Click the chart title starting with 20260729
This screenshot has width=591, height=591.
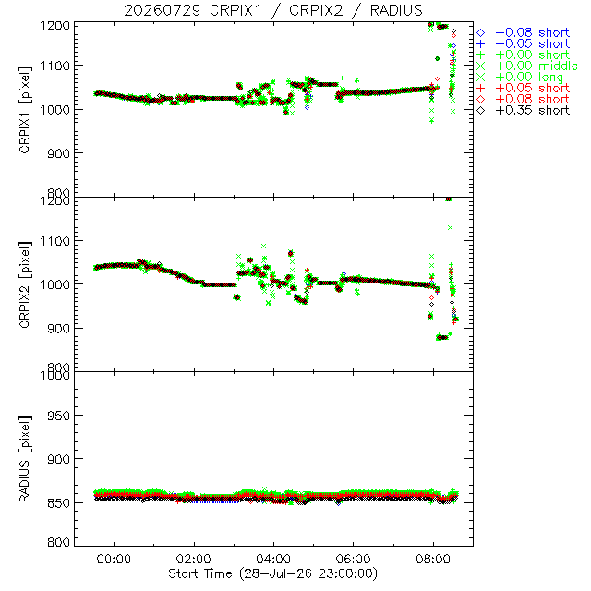(x=273, y=10)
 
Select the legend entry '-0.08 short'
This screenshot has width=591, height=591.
(x=524, y=33)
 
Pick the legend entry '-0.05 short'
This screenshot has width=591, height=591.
(x=524, y=43)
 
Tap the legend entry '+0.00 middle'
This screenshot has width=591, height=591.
(x=527, y=66)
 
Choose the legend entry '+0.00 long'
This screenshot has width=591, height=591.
(x=520, y=77)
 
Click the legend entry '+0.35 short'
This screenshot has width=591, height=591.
(x=524, y=110)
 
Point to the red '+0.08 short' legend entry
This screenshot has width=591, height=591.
(x=524, y=99)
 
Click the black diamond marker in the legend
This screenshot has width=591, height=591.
(x=480, y=110)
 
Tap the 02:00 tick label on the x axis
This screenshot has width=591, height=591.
(x=193, y=559)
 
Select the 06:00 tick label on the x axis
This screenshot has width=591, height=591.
(x=353, y=559)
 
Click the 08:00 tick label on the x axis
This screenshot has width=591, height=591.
(x=433, y=559)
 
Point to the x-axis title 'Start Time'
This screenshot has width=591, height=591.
(x=199, y=573)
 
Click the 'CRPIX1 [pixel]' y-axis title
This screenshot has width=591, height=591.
(x=25, y=110)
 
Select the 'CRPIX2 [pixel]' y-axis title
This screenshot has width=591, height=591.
(x=25, y=284)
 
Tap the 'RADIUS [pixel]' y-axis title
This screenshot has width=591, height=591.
(x=25, y=459)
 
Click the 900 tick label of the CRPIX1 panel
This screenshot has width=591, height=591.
(x=58, y=153)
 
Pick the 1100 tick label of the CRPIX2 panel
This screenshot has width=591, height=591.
(x=55, y=241)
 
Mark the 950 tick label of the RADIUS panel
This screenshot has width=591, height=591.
(x=58, y=416)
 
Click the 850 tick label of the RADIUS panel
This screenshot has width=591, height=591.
(x=58, y=502)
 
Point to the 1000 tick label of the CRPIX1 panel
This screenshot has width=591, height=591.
(x=55, y=110)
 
